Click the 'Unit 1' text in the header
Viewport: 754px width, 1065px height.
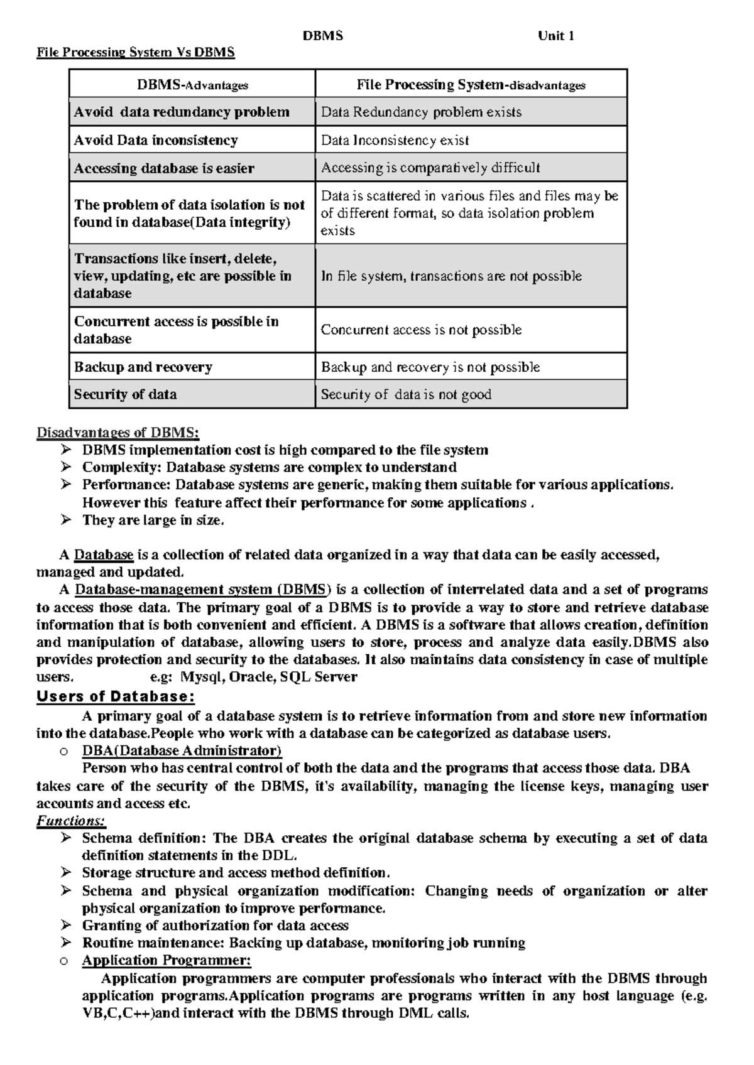coord(555,36)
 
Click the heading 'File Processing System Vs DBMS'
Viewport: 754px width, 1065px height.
coord(136,52)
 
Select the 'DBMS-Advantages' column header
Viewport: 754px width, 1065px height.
coord(192,85)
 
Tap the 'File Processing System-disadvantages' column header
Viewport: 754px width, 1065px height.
coord(471,85)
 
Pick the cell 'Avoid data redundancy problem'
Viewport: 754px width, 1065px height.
coord(182,112)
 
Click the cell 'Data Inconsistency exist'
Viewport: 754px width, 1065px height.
coord(395,140)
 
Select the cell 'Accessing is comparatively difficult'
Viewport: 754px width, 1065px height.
coord(430,168)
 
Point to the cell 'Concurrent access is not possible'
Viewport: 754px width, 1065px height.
coord(421,330)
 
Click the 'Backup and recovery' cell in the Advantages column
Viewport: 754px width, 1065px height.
coord(143,367)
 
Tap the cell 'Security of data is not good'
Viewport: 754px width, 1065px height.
coord(406,394)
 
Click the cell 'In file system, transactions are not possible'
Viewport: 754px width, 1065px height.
coord(451,276)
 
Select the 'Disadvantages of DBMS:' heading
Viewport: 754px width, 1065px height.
coord(117,433)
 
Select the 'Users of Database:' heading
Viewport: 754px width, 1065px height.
coord(116,696)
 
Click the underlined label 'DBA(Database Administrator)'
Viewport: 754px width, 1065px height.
coord(182,751)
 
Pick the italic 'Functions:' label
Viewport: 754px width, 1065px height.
coord(71,821)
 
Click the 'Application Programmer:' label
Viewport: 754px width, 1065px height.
coord(167,960)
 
